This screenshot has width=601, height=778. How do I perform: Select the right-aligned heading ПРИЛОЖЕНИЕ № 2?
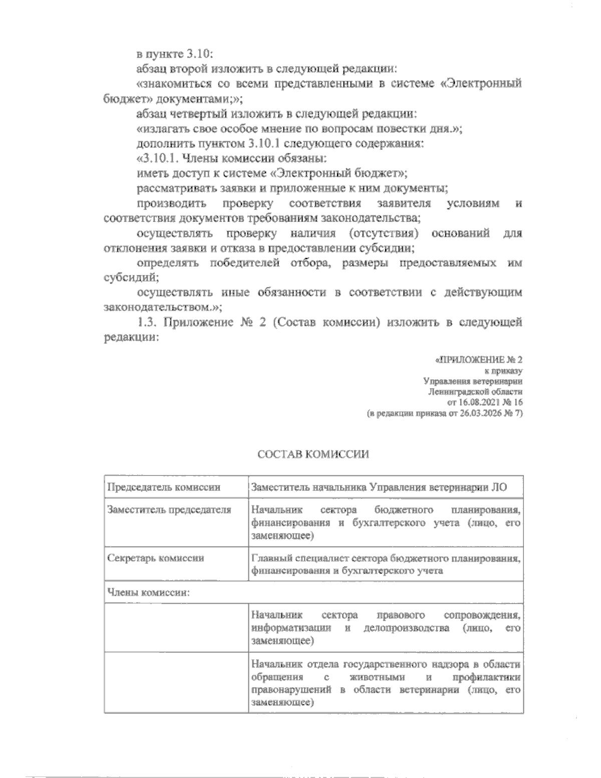click(480, 360)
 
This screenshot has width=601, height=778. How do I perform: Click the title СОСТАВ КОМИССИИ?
click(313, 454)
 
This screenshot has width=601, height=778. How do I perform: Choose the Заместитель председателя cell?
click(169, 510)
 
